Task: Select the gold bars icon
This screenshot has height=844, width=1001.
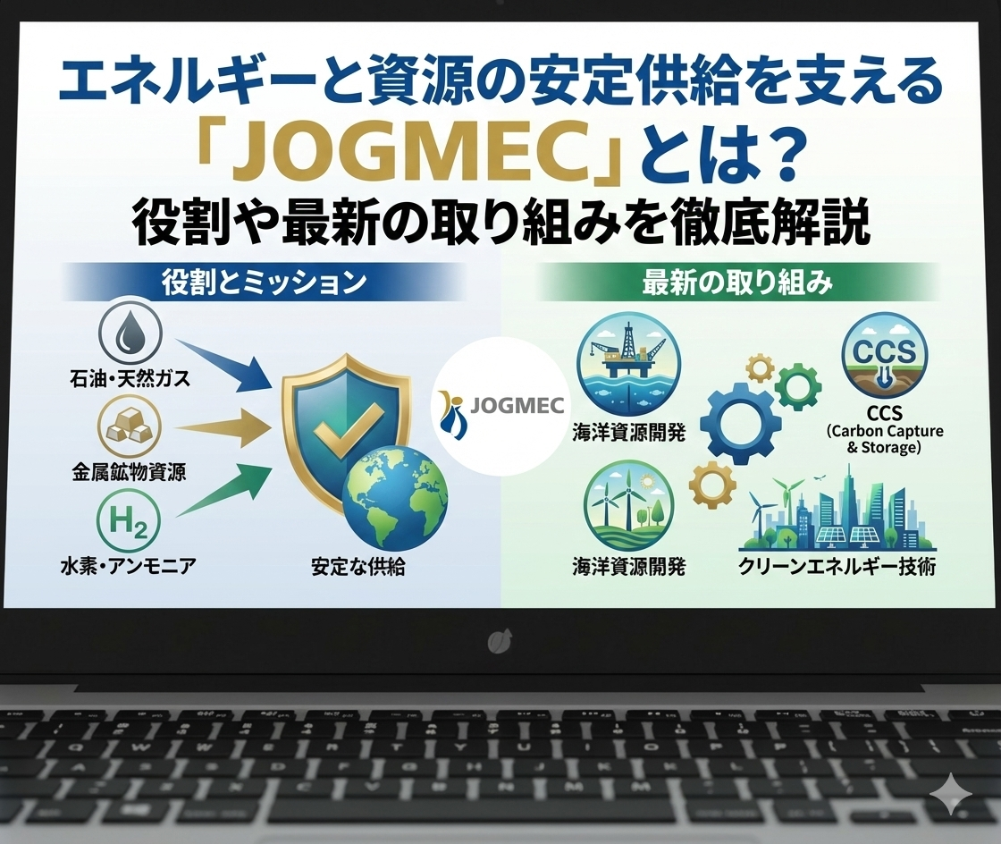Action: point(130,426)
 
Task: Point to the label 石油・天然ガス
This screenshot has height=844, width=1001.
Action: point(130,378)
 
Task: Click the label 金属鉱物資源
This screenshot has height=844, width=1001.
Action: point(129,472)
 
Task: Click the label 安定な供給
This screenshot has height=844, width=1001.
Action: point(358,566)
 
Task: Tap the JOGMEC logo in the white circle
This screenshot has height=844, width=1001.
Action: point(501,406)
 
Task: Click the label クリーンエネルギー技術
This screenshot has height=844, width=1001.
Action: point(837,566)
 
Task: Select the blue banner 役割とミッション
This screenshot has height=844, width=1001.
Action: point(265,282)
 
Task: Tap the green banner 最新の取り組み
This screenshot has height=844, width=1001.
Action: point(737,282)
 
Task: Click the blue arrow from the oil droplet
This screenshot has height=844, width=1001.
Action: point(223,365)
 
